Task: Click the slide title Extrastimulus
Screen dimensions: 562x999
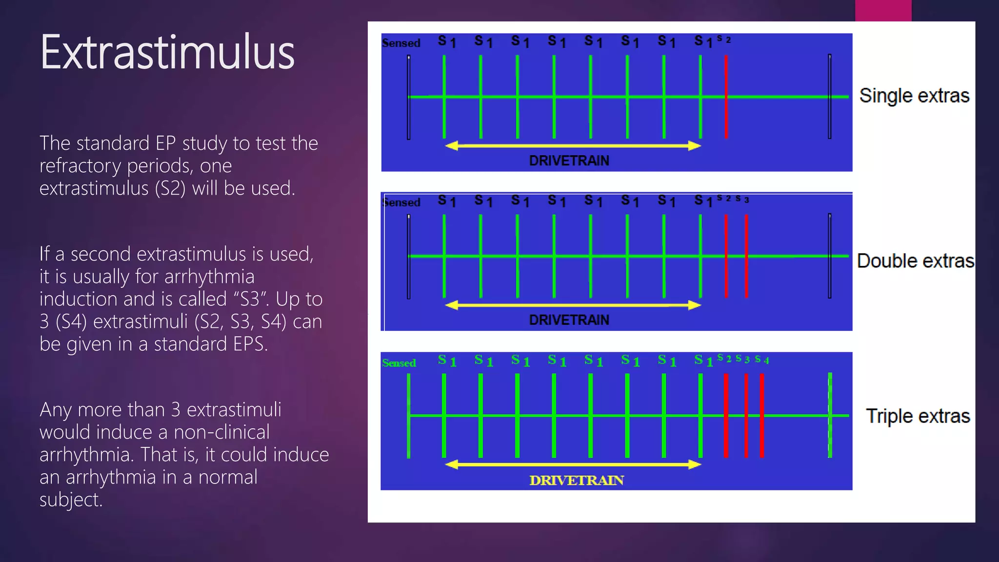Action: click(167, 52)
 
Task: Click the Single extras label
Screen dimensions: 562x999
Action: click(914, 96)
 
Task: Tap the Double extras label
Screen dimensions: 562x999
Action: click(915, 261)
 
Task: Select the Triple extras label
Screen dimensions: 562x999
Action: click(918, 416)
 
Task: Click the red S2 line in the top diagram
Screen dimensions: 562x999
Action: click(726, 98)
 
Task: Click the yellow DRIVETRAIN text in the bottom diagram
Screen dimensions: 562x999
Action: click(576, 480)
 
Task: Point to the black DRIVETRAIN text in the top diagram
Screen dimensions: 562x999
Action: click(569, 161)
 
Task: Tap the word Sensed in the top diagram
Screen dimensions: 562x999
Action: click(400, 43)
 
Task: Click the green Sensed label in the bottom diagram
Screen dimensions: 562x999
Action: click(399, 363)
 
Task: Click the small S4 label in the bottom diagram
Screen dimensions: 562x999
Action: click(762, 360)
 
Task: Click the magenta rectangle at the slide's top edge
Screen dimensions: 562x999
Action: click(883, 10)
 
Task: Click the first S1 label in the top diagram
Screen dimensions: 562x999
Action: click(446, 42)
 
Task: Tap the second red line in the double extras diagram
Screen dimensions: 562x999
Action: click(746, 256)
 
